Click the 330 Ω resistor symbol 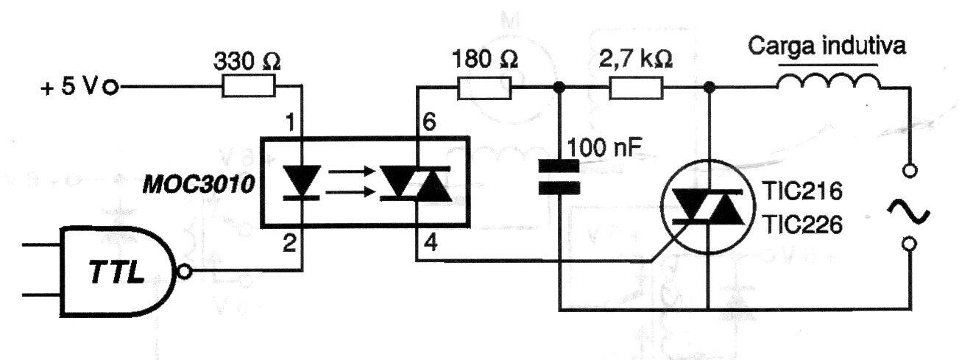[x=248, y=86]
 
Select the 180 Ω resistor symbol [x=484, y=88]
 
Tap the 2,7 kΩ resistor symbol [x=636, y=88]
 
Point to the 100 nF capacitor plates [x=559, y=177]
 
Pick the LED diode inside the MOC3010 [x=302, y=183]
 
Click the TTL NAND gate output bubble [x=185, y=272]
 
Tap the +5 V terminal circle [x=111, y=88]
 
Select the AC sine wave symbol [x=908, y=213]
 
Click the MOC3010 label [x=199, y=186]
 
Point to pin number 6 [x=428, y=121]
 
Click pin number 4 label [x=431, y=243]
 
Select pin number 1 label [x=290, y=122]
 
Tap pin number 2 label [x=289, y=243]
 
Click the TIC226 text [x=803, y=225]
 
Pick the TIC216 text [x=803, y=191]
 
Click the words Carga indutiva [x=827, y=46]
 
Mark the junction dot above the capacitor [x=559, y=88]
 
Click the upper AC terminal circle [x=910, y=171]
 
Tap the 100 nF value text [x=604, y=148]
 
